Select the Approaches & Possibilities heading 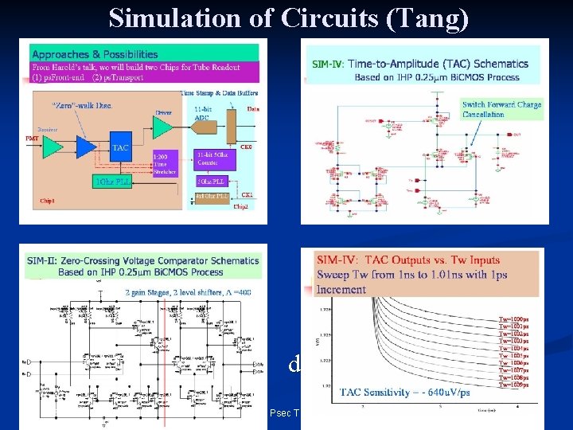95,55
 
